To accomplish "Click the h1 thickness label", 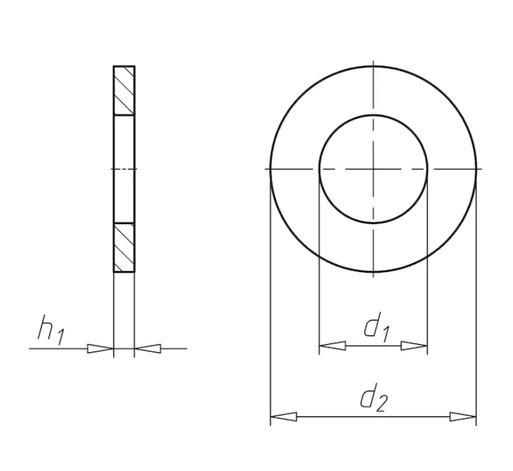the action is (51, 331).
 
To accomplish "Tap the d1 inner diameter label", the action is (377, 327).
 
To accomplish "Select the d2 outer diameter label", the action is (374, 397).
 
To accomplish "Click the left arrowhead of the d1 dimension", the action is (332, 345).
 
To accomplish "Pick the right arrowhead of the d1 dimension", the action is (414, 345).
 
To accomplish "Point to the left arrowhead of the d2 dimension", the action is (283, 417).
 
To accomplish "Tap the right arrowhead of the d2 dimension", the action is (463, 417).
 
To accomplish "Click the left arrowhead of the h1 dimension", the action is (100, 349).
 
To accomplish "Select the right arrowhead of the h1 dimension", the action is (148, 349).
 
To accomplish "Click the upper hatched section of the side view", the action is (124, 90).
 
